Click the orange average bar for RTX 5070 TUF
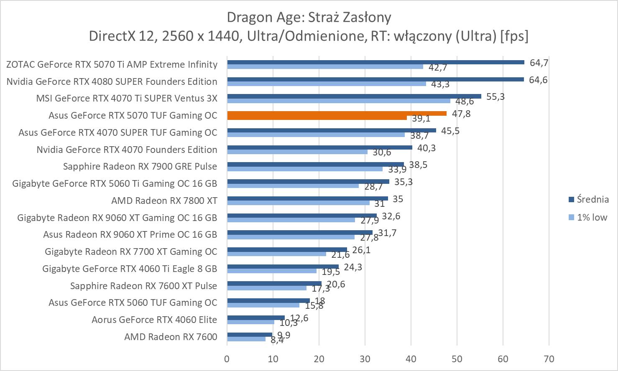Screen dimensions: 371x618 click(337, 113)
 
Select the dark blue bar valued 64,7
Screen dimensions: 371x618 click(375, 62)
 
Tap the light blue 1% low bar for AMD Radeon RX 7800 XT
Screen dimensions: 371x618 click(298, 203)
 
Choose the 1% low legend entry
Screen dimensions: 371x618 click(591, 217)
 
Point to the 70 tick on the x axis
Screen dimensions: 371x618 click(549, 359)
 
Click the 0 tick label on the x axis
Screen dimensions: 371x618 click(227, 359)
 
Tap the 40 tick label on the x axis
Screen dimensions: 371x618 click(411, 359)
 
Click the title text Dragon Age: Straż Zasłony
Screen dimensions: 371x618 click(309, 18)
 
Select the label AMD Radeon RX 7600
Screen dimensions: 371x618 click(171, 337)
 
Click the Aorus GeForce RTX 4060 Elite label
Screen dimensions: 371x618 click(154, 320)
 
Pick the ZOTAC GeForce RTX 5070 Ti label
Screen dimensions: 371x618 click(112, 64)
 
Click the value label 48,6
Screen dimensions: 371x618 click(465, 102)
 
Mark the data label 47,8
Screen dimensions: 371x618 click(461, 114)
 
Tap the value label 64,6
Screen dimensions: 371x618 click(538, 80)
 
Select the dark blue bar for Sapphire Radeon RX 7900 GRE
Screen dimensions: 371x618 click(315, 164)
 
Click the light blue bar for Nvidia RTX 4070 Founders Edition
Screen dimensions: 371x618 click(297, 152)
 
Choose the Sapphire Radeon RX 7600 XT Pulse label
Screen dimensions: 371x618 click(143, 286)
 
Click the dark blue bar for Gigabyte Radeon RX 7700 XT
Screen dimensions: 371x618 click(287, 249)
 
